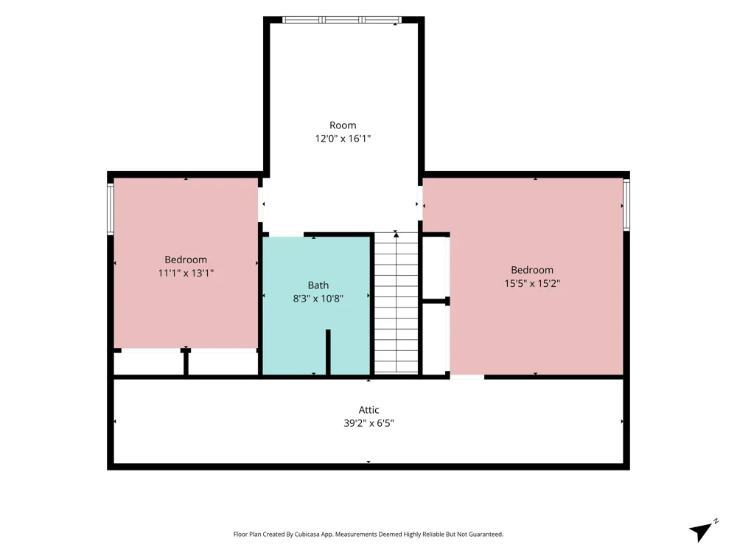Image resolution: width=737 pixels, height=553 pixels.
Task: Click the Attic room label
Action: click(x=368, y=409)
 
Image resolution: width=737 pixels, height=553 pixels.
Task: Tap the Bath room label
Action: click(x=318, y=285)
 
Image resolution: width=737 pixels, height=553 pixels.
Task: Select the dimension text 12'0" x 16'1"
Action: click(x=343, y=139)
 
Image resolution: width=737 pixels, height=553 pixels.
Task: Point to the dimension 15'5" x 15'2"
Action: click(x=532, y=283)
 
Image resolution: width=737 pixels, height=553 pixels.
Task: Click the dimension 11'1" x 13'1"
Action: click(x=186, y=273)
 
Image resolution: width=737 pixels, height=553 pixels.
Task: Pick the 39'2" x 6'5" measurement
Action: click(x=368, y=422)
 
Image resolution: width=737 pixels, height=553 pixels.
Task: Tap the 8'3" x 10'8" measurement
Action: click(x=318, y=298)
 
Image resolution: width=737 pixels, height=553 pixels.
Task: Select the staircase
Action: click(x=397, y=303)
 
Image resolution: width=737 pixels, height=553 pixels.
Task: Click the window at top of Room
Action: click(x=342, y=20)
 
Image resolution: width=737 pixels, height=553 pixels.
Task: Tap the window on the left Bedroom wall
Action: click(x=111, y=209)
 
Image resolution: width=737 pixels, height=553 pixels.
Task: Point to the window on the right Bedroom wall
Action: click(x=626, y=204)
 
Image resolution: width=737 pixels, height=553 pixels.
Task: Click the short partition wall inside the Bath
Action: click(x=328, y=352)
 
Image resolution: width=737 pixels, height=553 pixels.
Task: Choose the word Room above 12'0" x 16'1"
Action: click(x=343, y=125)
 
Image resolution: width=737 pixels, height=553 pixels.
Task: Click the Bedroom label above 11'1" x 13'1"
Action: click(x=186, y=260)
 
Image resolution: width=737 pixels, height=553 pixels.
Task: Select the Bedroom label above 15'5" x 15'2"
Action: click(x=532, y=270)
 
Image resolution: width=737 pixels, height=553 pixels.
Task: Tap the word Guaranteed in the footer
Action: click(x=486, y=534)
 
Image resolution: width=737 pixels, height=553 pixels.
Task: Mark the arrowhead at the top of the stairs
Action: click(x=396, y=234)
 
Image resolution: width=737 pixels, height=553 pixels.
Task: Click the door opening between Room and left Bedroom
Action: click(x=260, y=204)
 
